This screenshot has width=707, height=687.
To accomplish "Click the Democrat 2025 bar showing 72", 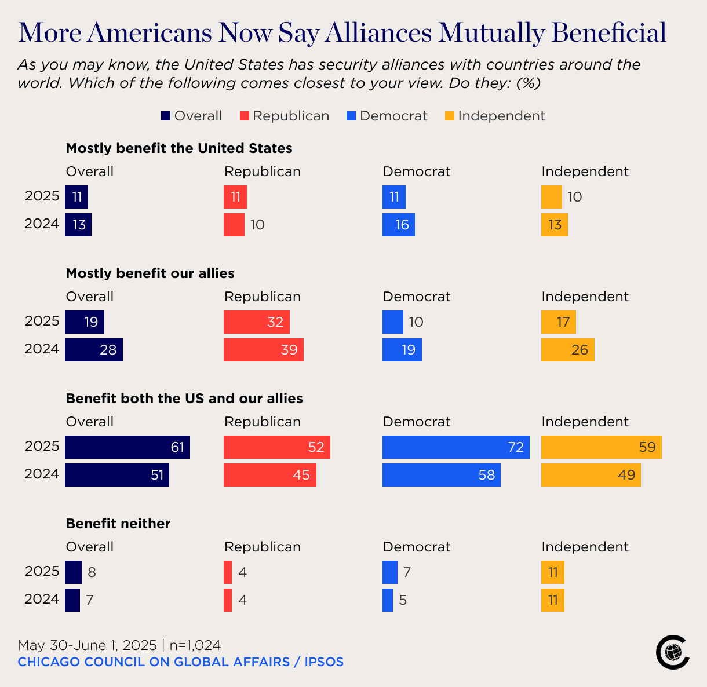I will coord(455,447).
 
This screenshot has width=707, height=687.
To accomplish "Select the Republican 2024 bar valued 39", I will coord(263,350).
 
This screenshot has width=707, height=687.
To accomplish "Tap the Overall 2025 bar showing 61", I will coord(127,447).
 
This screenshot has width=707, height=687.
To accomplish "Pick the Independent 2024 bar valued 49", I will coord(591,475).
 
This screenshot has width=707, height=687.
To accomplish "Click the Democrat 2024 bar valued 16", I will coord(398,225).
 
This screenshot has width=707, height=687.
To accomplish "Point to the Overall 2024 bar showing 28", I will coord(93,350).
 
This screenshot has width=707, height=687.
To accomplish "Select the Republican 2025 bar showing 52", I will coord(276,447).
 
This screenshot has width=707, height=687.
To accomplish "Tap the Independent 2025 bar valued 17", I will coord(558,322).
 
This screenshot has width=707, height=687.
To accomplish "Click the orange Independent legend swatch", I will coord(450,116).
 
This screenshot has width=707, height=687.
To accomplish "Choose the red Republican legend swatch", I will coord(245,116).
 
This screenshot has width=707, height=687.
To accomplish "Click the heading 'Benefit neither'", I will coord(118,524).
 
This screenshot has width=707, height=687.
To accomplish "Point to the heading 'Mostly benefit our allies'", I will coord(150,273).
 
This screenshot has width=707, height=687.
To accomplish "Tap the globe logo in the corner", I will coord(672,652).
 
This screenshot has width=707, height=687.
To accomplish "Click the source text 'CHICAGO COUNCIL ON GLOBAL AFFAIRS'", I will coord(154,662).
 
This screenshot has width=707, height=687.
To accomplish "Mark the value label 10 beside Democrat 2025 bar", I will coord(416,322).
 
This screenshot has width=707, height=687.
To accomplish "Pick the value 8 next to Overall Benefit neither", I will coord(92,572).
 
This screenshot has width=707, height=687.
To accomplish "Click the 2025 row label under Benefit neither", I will coord(42,571).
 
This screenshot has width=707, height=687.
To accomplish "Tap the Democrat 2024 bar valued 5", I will coord(388,600).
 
